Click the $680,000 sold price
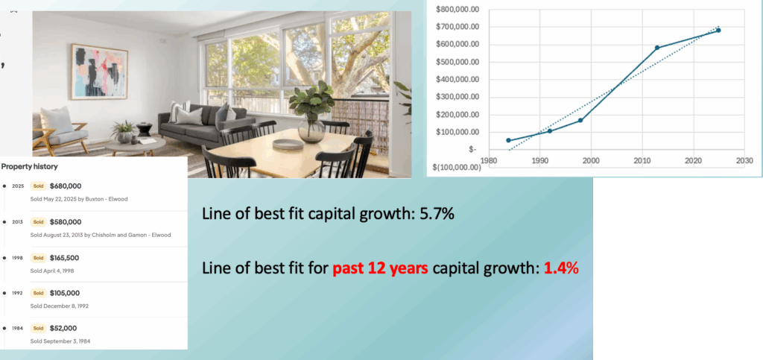[x=66, y=186]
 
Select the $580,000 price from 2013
[x=66, y=222]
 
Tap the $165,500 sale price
[x=64, y=258]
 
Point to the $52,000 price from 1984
[x=63, y=329]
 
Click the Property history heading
[x=30, y=166]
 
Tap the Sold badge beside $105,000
[x=37, y=294]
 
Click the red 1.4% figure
[x=561, y=268]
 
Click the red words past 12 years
[x=381, y=268]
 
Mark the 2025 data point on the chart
[x=718, y=30]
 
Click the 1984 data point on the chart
[x=508, y=140]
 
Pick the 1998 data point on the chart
[x=580, y=120]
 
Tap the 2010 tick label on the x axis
[x=642, y=160]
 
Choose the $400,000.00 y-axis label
[x=458, y=80]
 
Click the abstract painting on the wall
[x=99, y=72]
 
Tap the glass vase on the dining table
[x=311, y=130]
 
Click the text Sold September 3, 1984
[x=60, y=341]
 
